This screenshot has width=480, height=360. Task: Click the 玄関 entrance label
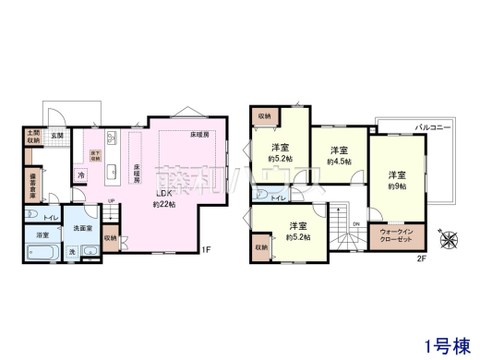[56, 136]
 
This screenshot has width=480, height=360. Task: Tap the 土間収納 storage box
[32, 137]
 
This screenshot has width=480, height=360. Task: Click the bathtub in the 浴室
[42, 250]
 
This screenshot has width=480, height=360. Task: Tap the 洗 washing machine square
[71, 251]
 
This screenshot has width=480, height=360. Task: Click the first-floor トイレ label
[51, 217]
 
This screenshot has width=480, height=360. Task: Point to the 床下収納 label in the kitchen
[94, 153]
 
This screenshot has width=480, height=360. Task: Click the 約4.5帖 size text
[339, 161]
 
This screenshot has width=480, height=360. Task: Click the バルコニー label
[432, 126]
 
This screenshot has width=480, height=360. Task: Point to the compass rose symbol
[450, 237]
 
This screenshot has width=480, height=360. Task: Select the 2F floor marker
[421, 258]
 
